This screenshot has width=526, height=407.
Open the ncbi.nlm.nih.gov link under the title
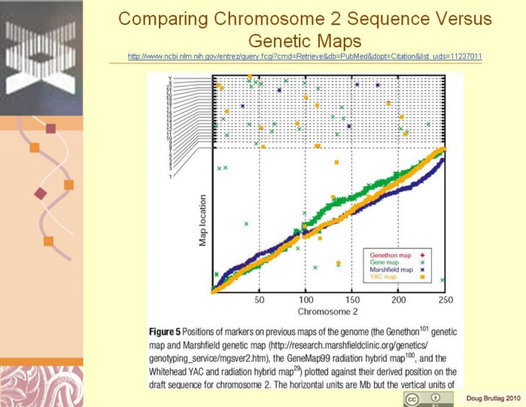tap(305, 57)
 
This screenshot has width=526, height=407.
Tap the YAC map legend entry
tap(384, 277)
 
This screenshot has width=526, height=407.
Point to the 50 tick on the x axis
tap(260, 300)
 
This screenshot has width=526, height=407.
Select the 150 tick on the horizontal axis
tap(352, 300)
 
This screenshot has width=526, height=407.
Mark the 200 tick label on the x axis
tap(399, 300)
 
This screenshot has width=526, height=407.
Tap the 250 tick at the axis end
tap(444, 300)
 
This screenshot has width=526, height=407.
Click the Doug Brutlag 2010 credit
tap(493, 397)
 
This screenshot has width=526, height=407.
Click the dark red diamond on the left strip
tap(41, 194)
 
